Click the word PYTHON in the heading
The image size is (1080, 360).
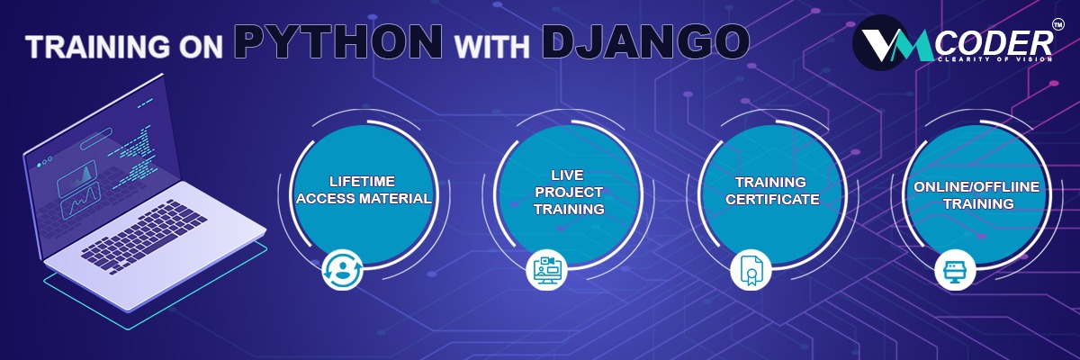(339, 41)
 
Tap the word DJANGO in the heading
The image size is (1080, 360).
(645, 41)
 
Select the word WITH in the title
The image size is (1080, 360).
(491, 47)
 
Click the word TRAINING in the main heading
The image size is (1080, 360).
(97, 47)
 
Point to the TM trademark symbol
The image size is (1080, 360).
(1057, 25)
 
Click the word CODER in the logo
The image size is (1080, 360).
(994, 44)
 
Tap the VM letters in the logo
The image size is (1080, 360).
(895, 45)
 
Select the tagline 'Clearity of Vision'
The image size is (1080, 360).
(994, 59)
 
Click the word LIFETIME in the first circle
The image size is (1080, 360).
(362, 181)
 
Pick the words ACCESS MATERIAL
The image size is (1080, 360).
(364, 198)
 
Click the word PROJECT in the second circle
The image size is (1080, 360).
(569, 192)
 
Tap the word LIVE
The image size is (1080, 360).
(568, 175)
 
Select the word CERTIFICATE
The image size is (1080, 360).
(772, 199)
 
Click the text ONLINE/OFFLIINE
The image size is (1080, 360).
(976, 186)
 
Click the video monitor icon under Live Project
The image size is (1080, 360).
(546, 269)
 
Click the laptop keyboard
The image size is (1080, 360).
(145, 236)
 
